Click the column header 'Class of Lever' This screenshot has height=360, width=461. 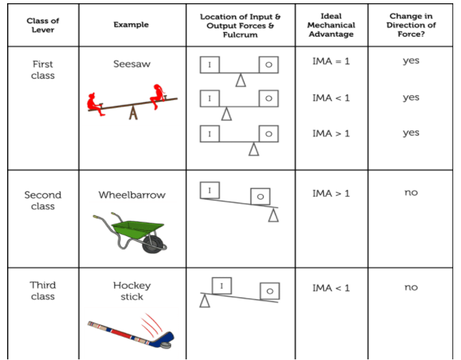pyautogui.click(x=43, y=25)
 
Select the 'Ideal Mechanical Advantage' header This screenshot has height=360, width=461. pyautogui.click(x=331, y=25)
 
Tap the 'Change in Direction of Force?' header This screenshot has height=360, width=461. pyautogui.click(x=410, y=25)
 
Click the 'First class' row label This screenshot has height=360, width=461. pyautogui.click(x=43, y=70)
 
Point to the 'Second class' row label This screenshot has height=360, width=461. pyautogui.click(x=43, y=200)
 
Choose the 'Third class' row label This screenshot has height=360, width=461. pyautogui.click(x=43, y=291)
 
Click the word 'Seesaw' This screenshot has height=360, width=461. pyautogui.click(x=132, y=65)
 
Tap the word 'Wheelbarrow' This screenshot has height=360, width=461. pyautogui.click(x=132, y=195)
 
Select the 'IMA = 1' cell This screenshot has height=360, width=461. pyautogui.click(x=331, y=62)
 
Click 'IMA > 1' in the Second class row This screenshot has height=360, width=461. pyautogui.click(x=331, y=193)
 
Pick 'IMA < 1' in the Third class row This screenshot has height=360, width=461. pyautogui.click(x=331, y=288)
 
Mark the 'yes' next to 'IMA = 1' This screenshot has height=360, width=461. pyautogui.click(x=410, y=61)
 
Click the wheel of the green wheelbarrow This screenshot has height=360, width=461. pyautogui.click(x=154, y=244)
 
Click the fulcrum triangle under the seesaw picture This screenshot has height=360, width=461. pyautogui.click(x=134, y=113)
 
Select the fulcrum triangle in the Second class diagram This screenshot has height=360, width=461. pyautogui.click(x=273, y=215)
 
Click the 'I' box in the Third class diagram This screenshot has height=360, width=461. pyautogui.click(x=222, y=285)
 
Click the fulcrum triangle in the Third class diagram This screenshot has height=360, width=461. pyautogui.click(x=205, y=301)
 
